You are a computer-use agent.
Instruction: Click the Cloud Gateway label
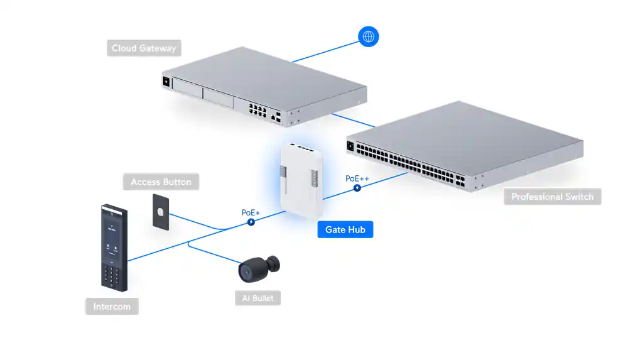[144, 48]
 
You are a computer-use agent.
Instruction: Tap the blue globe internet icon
[368, 36]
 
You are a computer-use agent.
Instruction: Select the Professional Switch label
[552, 197]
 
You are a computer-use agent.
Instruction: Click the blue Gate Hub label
[345, 229]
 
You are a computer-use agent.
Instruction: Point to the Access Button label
[161, 182]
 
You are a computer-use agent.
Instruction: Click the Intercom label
[112, 307]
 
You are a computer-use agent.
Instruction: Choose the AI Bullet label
[257, 298]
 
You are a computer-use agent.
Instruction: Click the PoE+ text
[251, 212]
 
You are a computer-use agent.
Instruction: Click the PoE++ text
[357, 178]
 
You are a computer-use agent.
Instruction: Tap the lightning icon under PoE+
[251, 222]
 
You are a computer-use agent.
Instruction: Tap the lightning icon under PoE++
[357, 187]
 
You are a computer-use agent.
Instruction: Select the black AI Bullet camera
[259, 268]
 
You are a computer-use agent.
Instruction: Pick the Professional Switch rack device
[465, 148]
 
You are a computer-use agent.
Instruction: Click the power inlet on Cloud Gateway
[166, 81]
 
